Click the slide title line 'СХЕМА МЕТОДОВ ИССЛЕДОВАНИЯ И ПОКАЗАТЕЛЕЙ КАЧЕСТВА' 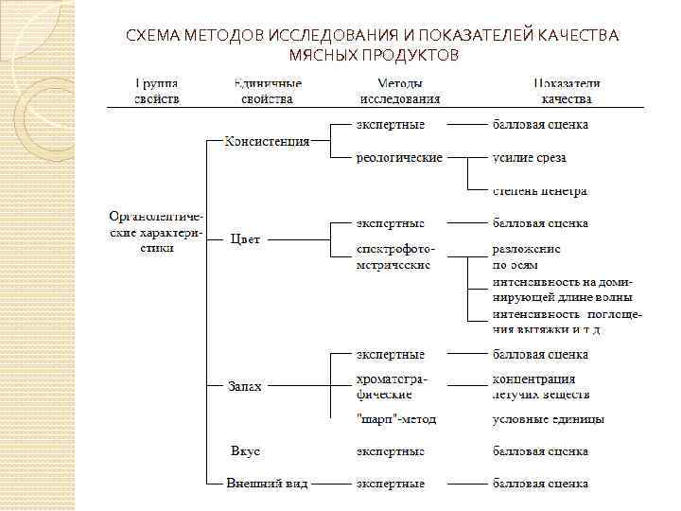373,36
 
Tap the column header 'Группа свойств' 157,91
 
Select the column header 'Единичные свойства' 267,91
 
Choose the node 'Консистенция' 267,141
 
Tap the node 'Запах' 245,386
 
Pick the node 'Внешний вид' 267,483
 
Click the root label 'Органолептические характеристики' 151,230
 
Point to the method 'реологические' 398,158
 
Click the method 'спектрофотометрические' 396,256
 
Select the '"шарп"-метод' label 396,418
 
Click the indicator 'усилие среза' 530,158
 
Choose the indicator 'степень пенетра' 539,191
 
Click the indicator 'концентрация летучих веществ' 541,386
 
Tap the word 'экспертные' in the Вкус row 390,450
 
